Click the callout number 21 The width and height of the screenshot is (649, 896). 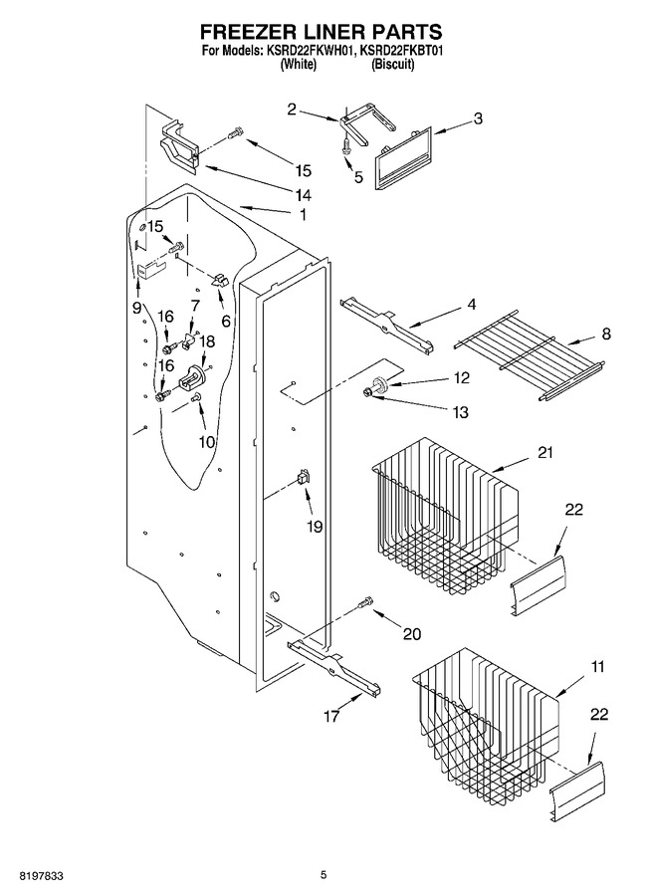(545, 453)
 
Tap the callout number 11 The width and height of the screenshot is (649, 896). (597, 666)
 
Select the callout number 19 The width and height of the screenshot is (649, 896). (315, 527)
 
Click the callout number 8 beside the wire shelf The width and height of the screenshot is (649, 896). (606, 334)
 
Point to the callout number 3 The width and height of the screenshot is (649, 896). (478, 118)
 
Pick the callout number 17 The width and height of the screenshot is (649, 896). (331, 716)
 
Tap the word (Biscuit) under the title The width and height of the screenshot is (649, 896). (392, 64)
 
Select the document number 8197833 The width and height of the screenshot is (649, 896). (41, 875)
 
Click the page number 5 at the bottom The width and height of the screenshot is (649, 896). (324, 875)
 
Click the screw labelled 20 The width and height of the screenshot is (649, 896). (366, 602)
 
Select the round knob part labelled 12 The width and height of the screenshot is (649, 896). (379, 383)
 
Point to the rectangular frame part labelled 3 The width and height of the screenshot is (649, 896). (403, 156)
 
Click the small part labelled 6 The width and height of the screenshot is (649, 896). (219, 280)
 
